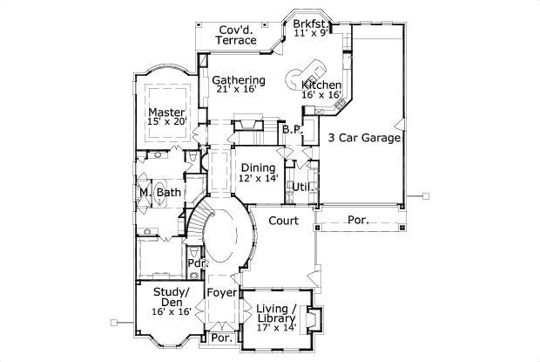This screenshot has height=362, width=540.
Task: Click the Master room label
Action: point(165,113)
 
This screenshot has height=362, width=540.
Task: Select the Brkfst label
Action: point(309,24)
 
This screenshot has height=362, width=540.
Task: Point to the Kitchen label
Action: point(321,85)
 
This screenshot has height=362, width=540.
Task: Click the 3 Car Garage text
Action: point(363,138)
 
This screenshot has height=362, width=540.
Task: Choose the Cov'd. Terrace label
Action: point(237,34)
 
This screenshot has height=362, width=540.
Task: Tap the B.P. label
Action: point(291,129)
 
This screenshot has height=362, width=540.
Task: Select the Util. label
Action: point(302,187)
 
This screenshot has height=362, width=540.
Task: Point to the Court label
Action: point(284,222)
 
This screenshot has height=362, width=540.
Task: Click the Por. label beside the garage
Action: point(357,221)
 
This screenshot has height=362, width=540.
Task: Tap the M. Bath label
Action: point(159,192)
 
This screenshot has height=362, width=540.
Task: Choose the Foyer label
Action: point(220,293)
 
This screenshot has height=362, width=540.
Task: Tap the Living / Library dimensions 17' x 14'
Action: point(277,327)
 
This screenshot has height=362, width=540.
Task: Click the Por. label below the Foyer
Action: point(221,337)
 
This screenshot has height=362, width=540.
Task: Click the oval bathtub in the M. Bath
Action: point(143,193)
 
